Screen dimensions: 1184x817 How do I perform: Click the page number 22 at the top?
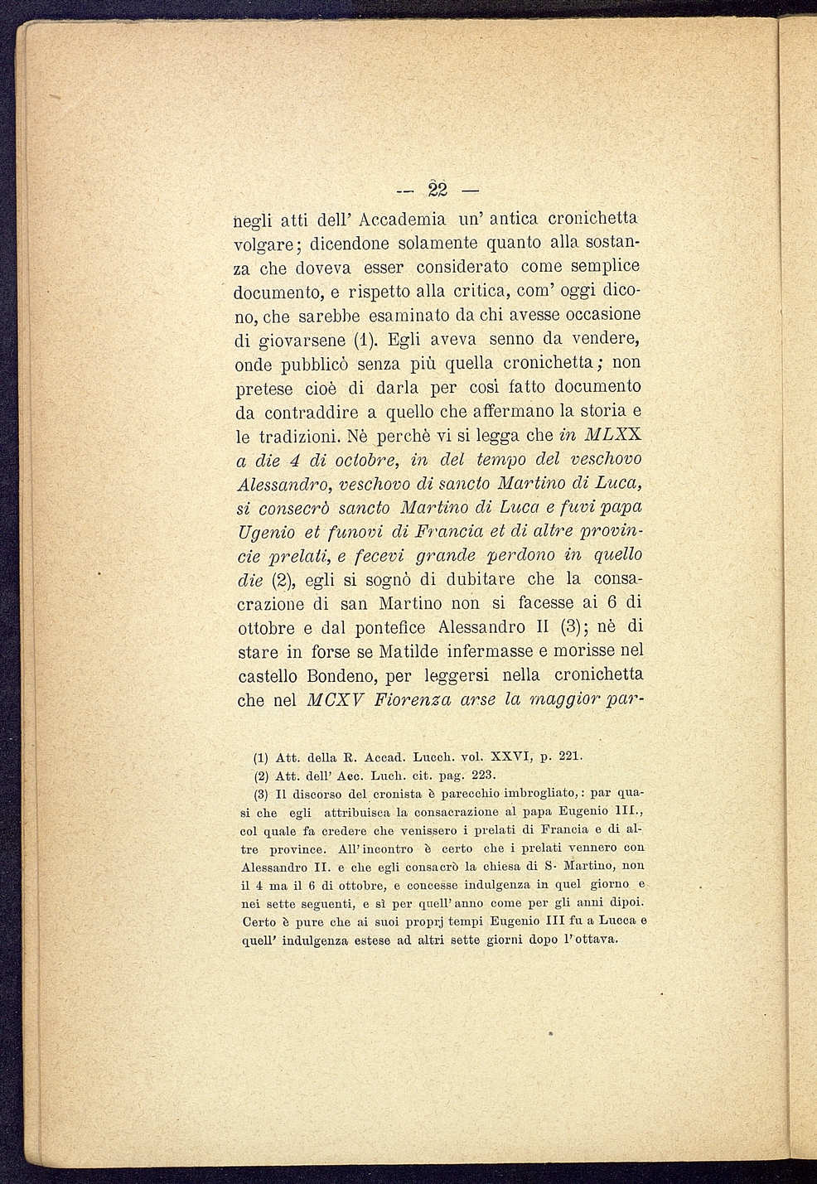click(437, 189)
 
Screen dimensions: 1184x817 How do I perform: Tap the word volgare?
click(269, 245)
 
